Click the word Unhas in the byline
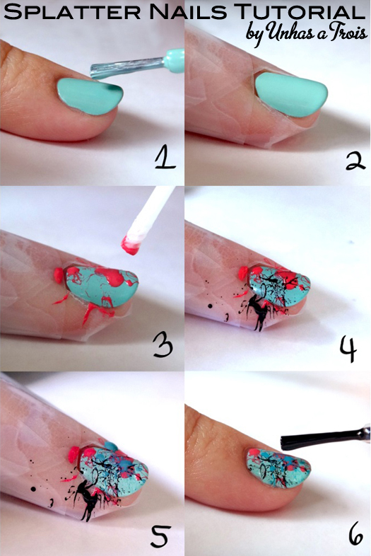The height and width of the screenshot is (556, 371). point(295,33)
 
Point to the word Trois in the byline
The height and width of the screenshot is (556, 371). point(349,32)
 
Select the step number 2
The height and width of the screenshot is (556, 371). point(355,161)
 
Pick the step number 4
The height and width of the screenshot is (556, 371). point(348,349)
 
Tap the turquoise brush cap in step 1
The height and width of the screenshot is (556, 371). point(174,60)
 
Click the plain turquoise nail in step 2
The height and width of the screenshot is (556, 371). point(291,93)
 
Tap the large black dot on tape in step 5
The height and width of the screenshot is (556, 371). point(33,489)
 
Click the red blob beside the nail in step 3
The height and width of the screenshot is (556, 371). point(59,275)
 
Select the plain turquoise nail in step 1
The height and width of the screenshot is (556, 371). point(90,95)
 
